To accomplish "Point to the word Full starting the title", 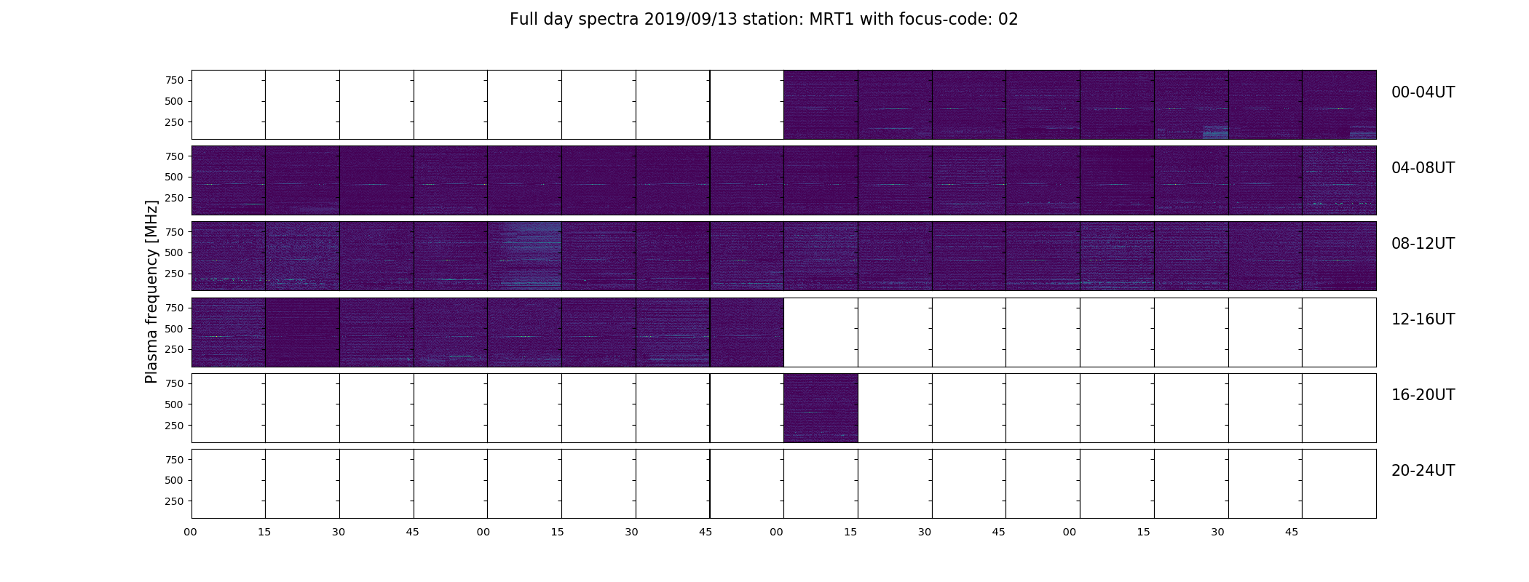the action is [524, 19].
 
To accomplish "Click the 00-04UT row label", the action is [1423, 92].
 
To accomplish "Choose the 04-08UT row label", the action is [1423, 168].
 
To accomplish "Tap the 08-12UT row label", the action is [1423, 244].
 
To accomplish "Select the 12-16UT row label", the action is [1423, 319].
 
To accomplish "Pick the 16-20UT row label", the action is [1423, 395].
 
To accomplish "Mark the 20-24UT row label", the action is [1423, 471].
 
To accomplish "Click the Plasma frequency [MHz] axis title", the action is [151, 292].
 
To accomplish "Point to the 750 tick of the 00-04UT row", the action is [174, 80].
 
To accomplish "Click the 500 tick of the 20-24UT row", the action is [174, 480].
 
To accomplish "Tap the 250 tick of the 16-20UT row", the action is [174, 426].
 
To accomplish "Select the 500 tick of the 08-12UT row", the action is [174, 252].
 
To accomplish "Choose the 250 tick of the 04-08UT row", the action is [174, 198].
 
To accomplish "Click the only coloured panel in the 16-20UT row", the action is [821, 408].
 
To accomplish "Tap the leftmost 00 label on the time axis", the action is [190, 532].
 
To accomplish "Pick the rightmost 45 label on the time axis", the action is [1292, 532].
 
